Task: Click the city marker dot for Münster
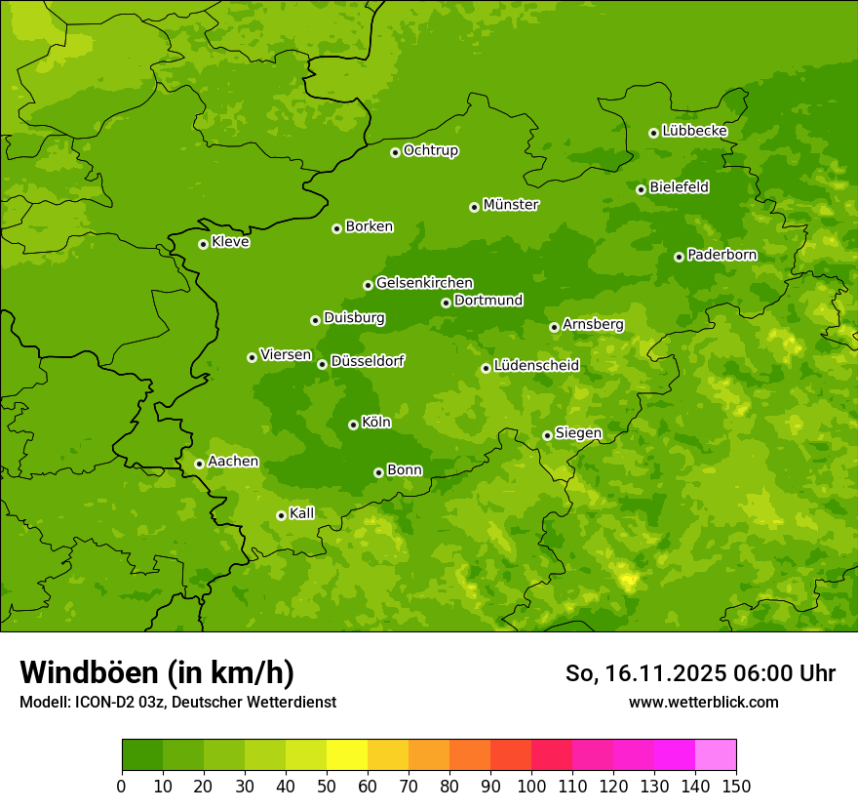pyautogui.click(x=474, y=207)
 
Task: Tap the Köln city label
pyautogui.click(x=376, y=423)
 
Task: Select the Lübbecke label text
pyautogui.click(x=694, y=131)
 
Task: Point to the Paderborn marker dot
pyautogui.click(x=679, y=257)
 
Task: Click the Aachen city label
pyautogui.click(x=233, y=462)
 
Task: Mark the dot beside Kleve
pyautogui.click(x=203, y=244)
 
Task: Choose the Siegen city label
pyautogui.click(x=578, y=433)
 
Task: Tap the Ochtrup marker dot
pyautogui.click(x=395, y=152)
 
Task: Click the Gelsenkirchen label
pyautogui.click(x=424, y=283)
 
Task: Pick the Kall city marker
pyautogui.click(x=281, y=515)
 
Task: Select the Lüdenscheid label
pyautogui.click(x=536, y=366)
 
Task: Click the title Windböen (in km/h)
pyautogui.click(x=156, y=672)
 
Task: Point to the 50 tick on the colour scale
pyautogui.click(x=326, y=785)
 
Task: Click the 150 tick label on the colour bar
pyautogui.click(x=736, y=785)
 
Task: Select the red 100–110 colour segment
pyautogui.click(x=551, y=755)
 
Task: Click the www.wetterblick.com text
pyautogui.click(x=703, y=702)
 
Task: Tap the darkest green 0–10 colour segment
pyautogui.click(x=141, y=755)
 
